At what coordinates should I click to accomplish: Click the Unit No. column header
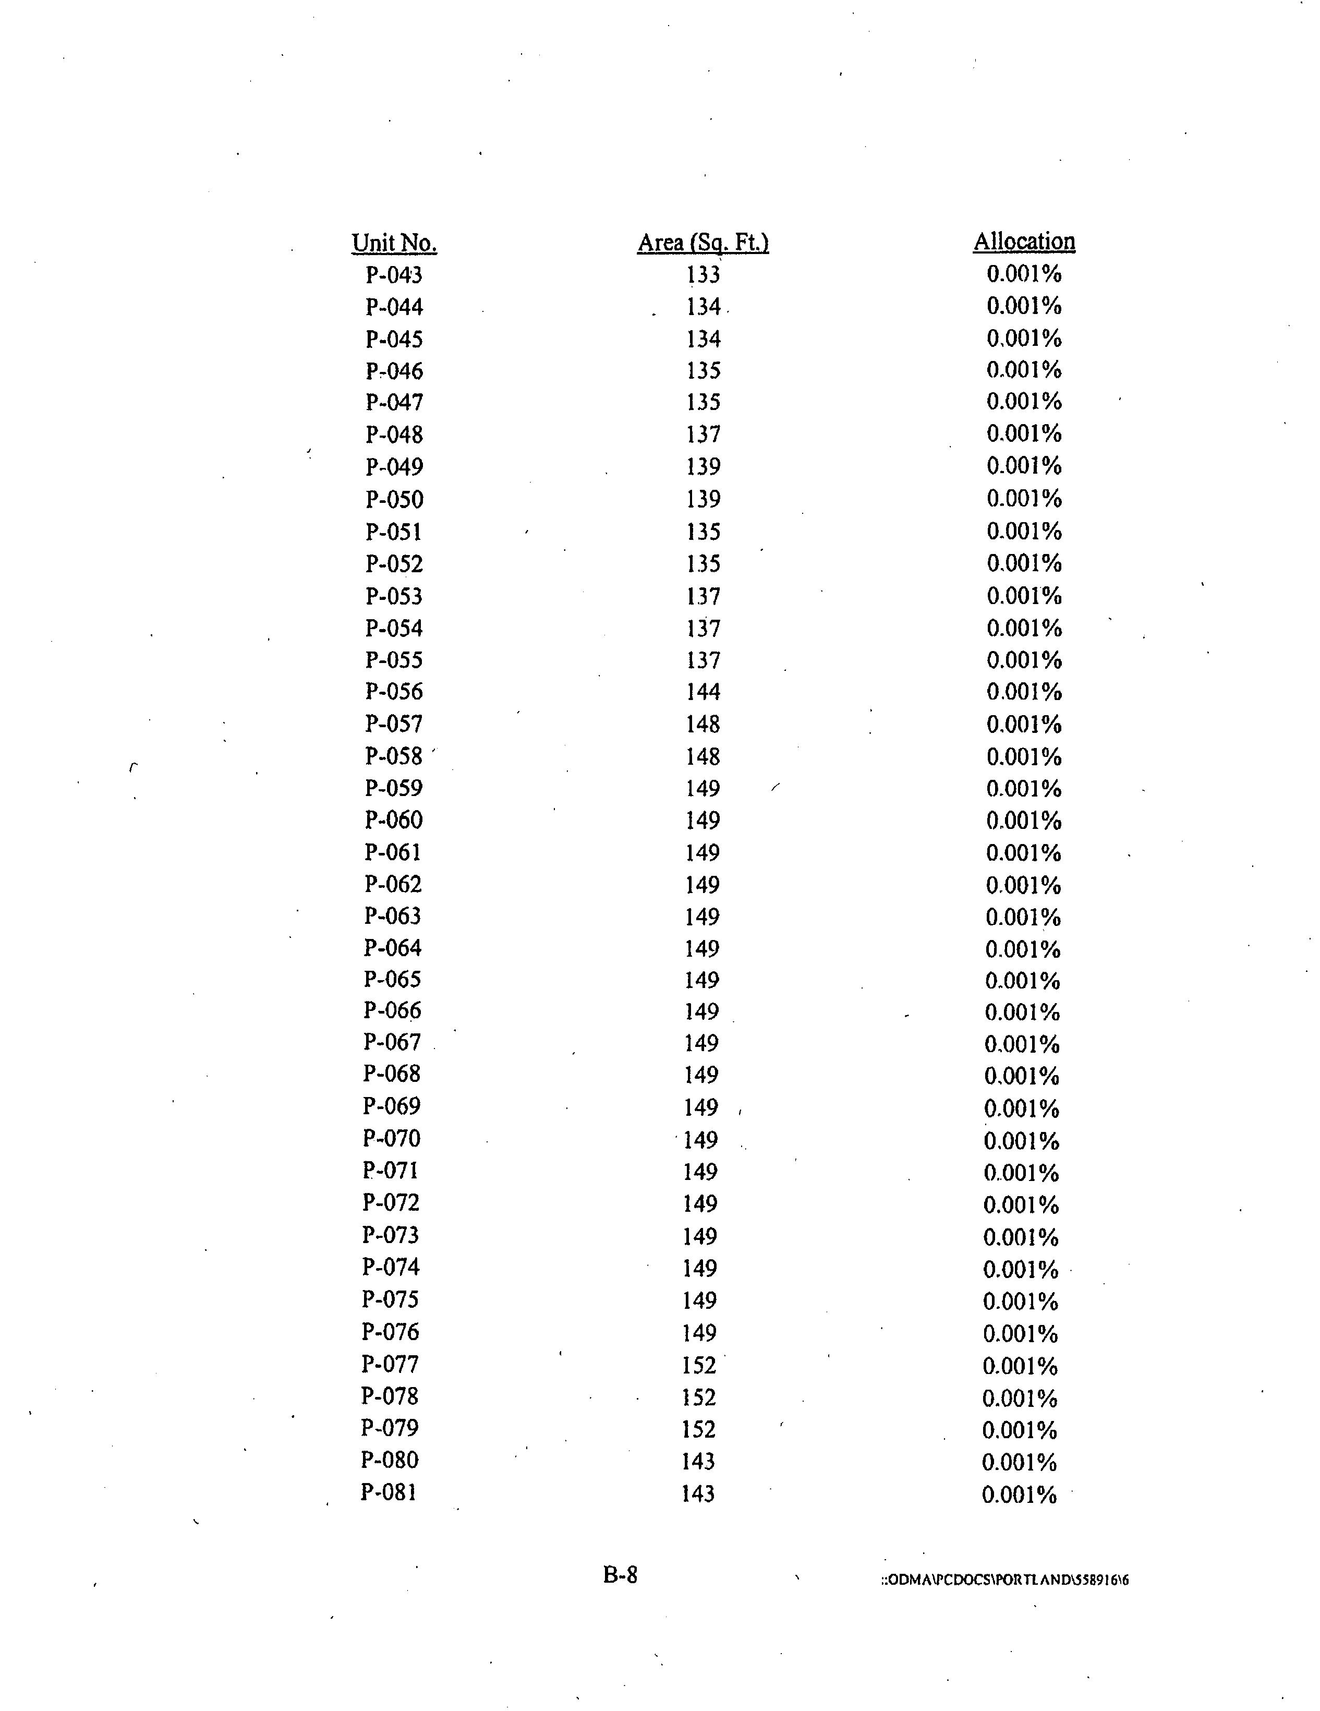(394, 243)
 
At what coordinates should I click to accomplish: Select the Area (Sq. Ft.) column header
(703, 243)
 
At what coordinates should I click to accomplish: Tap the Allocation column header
(1024, 242)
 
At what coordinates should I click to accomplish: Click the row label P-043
(394, 275)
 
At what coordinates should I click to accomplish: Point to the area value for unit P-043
(703, 275)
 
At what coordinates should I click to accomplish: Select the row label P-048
(394, 435)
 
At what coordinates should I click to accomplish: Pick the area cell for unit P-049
(703, 467)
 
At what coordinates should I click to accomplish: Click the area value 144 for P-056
(703, 692)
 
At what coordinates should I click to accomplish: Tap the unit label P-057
(393, 724)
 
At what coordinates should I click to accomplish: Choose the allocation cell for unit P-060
(1023, 821)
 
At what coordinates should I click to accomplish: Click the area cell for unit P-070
(700, 1140)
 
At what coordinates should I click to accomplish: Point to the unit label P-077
(390, 1364)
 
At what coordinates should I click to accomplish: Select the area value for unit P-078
(699, 1397)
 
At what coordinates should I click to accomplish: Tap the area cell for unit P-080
(698, 1461)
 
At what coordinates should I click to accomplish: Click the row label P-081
(389, 1492)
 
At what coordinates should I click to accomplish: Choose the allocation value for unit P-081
(1019, 1495)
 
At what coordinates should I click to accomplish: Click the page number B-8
(621, 1575)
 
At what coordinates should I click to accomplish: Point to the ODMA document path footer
(1005, 1580)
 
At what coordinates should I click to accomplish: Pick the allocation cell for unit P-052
(1024, 563)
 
